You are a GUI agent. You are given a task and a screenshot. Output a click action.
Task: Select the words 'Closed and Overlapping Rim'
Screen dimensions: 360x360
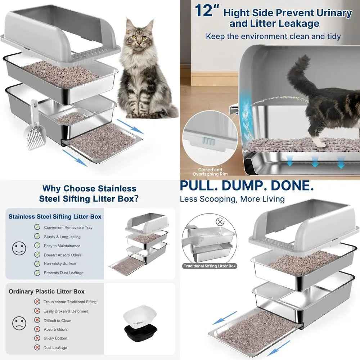(x=210, y=172)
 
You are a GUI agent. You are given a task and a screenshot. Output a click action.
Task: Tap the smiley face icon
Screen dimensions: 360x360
(x=19, y=248)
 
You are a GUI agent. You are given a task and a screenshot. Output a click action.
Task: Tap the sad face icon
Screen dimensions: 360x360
(x=19, y=323)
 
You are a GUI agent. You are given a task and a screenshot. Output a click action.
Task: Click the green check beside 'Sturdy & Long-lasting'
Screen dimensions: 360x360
(x=37, y=237)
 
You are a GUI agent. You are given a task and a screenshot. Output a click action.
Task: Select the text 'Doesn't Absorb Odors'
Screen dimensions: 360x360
(x=62, y=255)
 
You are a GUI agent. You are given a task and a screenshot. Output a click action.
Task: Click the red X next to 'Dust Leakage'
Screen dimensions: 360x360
(x=37, y=347)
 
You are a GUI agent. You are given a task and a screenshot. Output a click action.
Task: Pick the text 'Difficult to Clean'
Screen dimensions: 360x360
(x=57, y=320)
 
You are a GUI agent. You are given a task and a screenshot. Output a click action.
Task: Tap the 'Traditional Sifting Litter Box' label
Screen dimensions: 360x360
(x=210, y=266)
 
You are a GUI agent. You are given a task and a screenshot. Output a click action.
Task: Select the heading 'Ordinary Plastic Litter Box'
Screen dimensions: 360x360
(x=46, y=291)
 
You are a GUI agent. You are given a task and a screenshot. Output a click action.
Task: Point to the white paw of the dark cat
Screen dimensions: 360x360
(x=318, y=143)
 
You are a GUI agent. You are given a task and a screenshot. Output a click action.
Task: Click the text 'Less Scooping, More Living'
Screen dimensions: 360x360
(x=232, y=199)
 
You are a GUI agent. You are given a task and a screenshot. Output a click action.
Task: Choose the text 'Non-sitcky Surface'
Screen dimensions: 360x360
(x=60, y=264)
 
